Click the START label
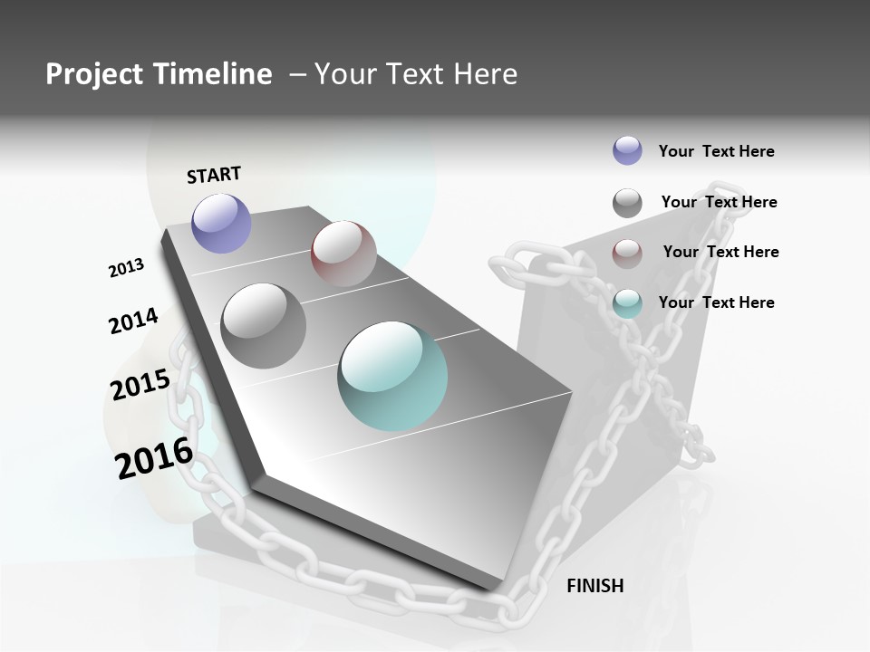(x=214, y=175)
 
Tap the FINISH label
(x=594, y=586)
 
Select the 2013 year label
(x=127, y=268)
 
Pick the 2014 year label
(x=133, y=321)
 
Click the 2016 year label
(x=154, y=457)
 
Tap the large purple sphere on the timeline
(x=221, y=223)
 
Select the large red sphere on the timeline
(x=343, y=253)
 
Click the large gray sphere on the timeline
(x=263, y=325)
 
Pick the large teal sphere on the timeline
(x=392, y=376)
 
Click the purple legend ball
(x=627, y=150)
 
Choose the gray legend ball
(x=627, y=203)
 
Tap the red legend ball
(x=627, y=253)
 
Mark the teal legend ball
(x=627, y=303)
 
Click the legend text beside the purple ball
(x=716, y=151)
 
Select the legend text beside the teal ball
(x=716, y=302)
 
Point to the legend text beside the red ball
(x=720, y=252)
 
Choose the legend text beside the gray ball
(x=719, y=202)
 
